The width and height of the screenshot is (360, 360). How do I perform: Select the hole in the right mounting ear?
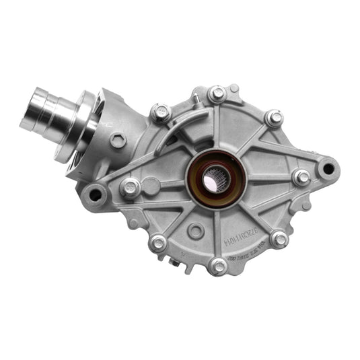328,164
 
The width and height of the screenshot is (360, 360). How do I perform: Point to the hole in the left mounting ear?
96,196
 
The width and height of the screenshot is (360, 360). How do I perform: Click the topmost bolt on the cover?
217,94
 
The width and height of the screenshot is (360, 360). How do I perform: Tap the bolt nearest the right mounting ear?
302,178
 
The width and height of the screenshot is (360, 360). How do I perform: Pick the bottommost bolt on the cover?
218,266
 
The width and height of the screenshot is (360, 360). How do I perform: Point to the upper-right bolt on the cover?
274,118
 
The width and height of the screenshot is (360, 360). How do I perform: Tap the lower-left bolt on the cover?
159,243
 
